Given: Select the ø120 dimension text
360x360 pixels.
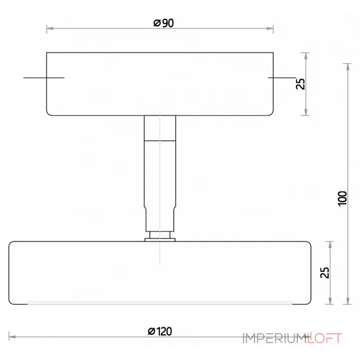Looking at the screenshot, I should pyautogui.click(x=160, y=332).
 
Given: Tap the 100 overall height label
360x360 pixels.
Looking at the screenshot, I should pyautogui.click(x=343, y=198).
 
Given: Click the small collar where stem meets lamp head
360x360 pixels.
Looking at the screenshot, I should pyautogui.click(x=160, y=237).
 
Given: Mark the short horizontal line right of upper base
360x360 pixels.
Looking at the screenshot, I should pyautogui.click(x=281, y=78).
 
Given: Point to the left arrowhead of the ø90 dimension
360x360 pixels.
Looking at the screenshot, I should pyautogui.click(x=49, y=29).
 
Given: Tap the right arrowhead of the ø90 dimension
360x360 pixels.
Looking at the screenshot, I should pyautogui.click(x=270, y=29).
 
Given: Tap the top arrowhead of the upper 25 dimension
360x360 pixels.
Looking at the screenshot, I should pyautogui.click(x=306, y=56).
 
